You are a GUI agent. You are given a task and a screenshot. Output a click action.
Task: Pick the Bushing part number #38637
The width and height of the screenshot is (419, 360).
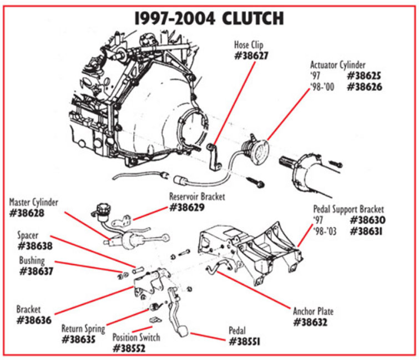tap(38, 271)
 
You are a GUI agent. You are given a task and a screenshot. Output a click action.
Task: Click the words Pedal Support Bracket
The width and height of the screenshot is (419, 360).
tap(349, 209)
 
